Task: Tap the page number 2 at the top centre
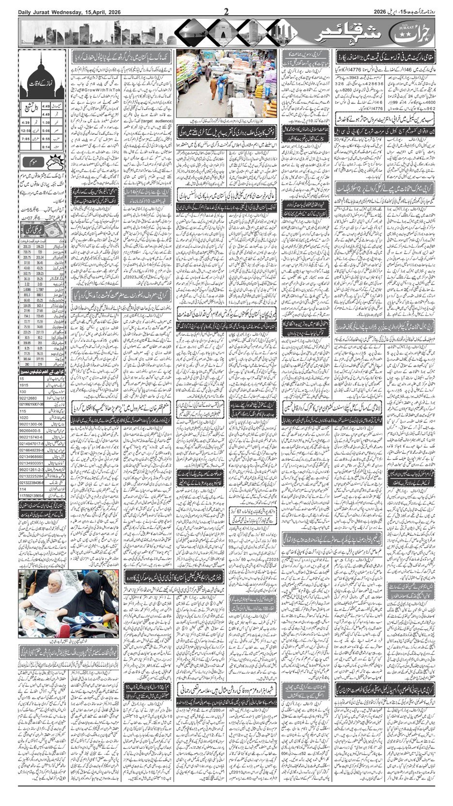226,11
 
